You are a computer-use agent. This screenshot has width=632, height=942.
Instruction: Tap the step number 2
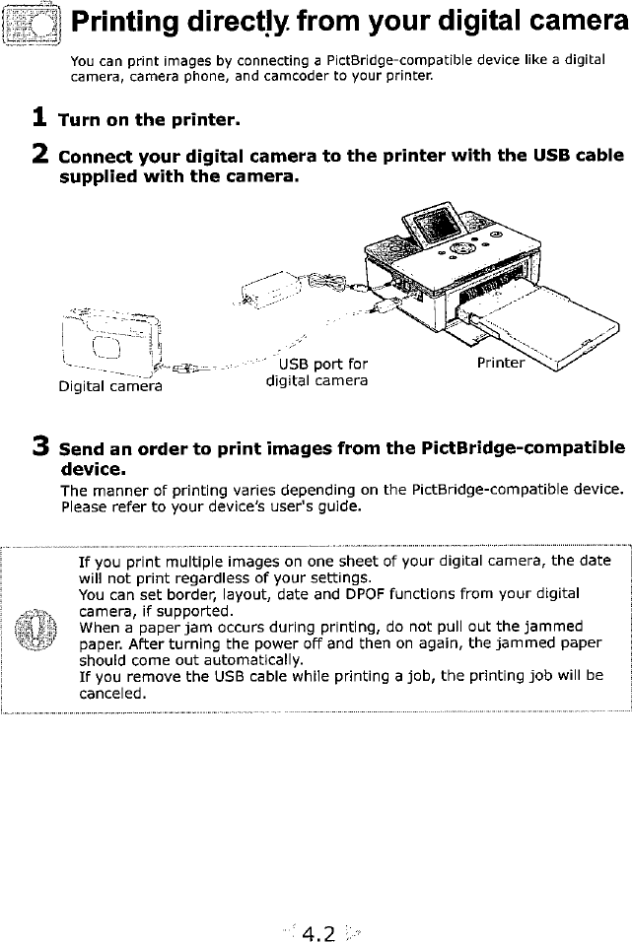(x=39, y=156)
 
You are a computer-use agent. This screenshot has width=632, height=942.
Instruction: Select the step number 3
(x=39, y=445)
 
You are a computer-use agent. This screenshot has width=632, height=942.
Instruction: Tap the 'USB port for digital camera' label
(x=316, y=371)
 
